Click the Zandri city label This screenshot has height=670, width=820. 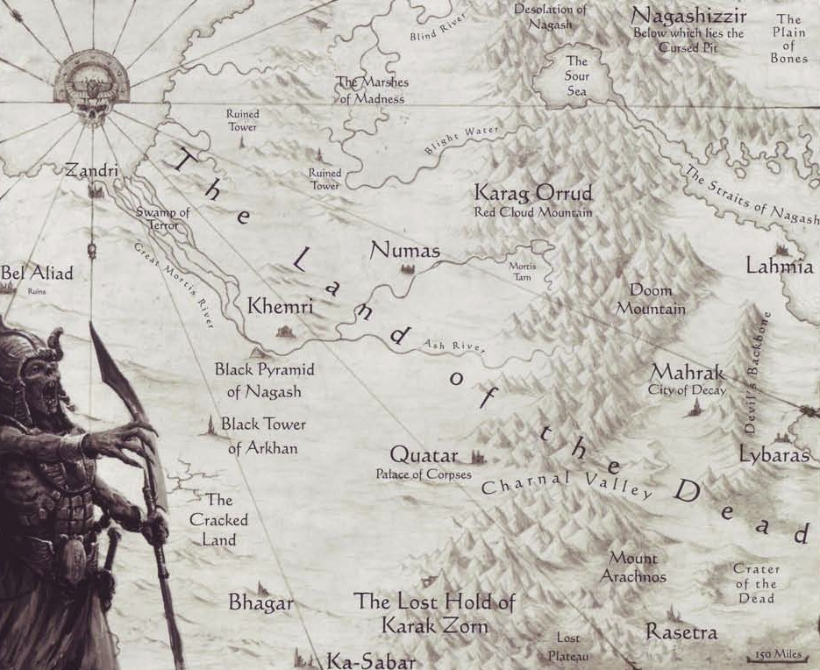pyautogui.click(x=91, y=171)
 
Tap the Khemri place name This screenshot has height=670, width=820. pyautogui.click(x=281, y=307)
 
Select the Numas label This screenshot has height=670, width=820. pyautogui.click(x=404, y=250)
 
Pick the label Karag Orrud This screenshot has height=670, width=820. pyautogui.click(x=533, y=193)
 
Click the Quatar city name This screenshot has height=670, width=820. pyautogui.click(x=424, y=456)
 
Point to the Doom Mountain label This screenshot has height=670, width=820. pyautogui.click(x=651, y=299)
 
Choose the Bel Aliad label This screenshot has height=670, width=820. pyautogui.click(x=37, y=273)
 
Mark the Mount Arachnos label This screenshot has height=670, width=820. pyautogui.click(x=633, y=567)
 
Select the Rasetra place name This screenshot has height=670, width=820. pyautogui.click(x=681, y=631)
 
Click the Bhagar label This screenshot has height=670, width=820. pyautogui.click(x=260, y=603)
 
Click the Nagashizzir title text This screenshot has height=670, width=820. pyautogui.click(x=688, y=16)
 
